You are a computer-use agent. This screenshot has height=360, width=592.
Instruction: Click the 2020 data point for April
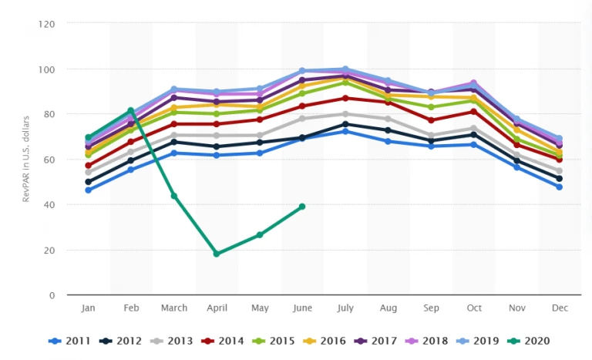click(x=217, y=254)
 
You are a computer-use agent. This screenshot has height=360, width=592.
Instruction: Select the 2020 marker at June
click(x=302, y=207)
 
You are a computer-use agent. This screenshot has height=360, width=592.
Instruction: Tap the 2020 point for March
click(x=174, y=196)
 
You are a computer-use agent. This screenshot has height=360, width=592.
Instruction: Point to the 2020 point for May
click(x=260, y=234)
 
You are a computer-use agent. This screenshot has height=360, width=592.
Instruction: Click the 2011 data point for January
click(x=89, y=190)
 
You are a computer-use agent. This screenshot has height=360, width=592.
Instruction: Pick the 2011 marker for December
click(x=559, y=187)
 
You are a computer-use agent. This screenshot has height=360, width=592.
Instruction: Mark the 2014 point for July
click(x=345, y=98)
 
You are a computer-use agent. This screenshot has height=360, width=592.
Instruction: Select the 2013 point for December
click(x=559, y=171)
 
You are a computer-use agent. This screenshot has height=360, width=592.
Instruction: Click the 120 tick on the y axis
click(x=48, y=24)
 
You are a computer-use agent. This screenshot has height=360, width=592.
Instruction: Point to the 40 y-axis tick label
click(x=50, y=205)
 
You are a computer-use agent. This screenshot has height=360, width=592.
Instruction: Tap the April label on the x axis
click(x=217, y=308)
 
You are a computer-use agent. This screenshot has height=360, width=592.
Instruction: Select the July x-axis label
click(x=345, y=308)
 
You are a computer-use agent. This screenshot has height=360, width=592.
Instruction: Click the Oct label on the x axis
click(x=473, y=308)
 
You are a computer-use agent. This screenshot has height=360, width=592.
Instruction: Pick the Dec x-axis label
click(x=559, y=308)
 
